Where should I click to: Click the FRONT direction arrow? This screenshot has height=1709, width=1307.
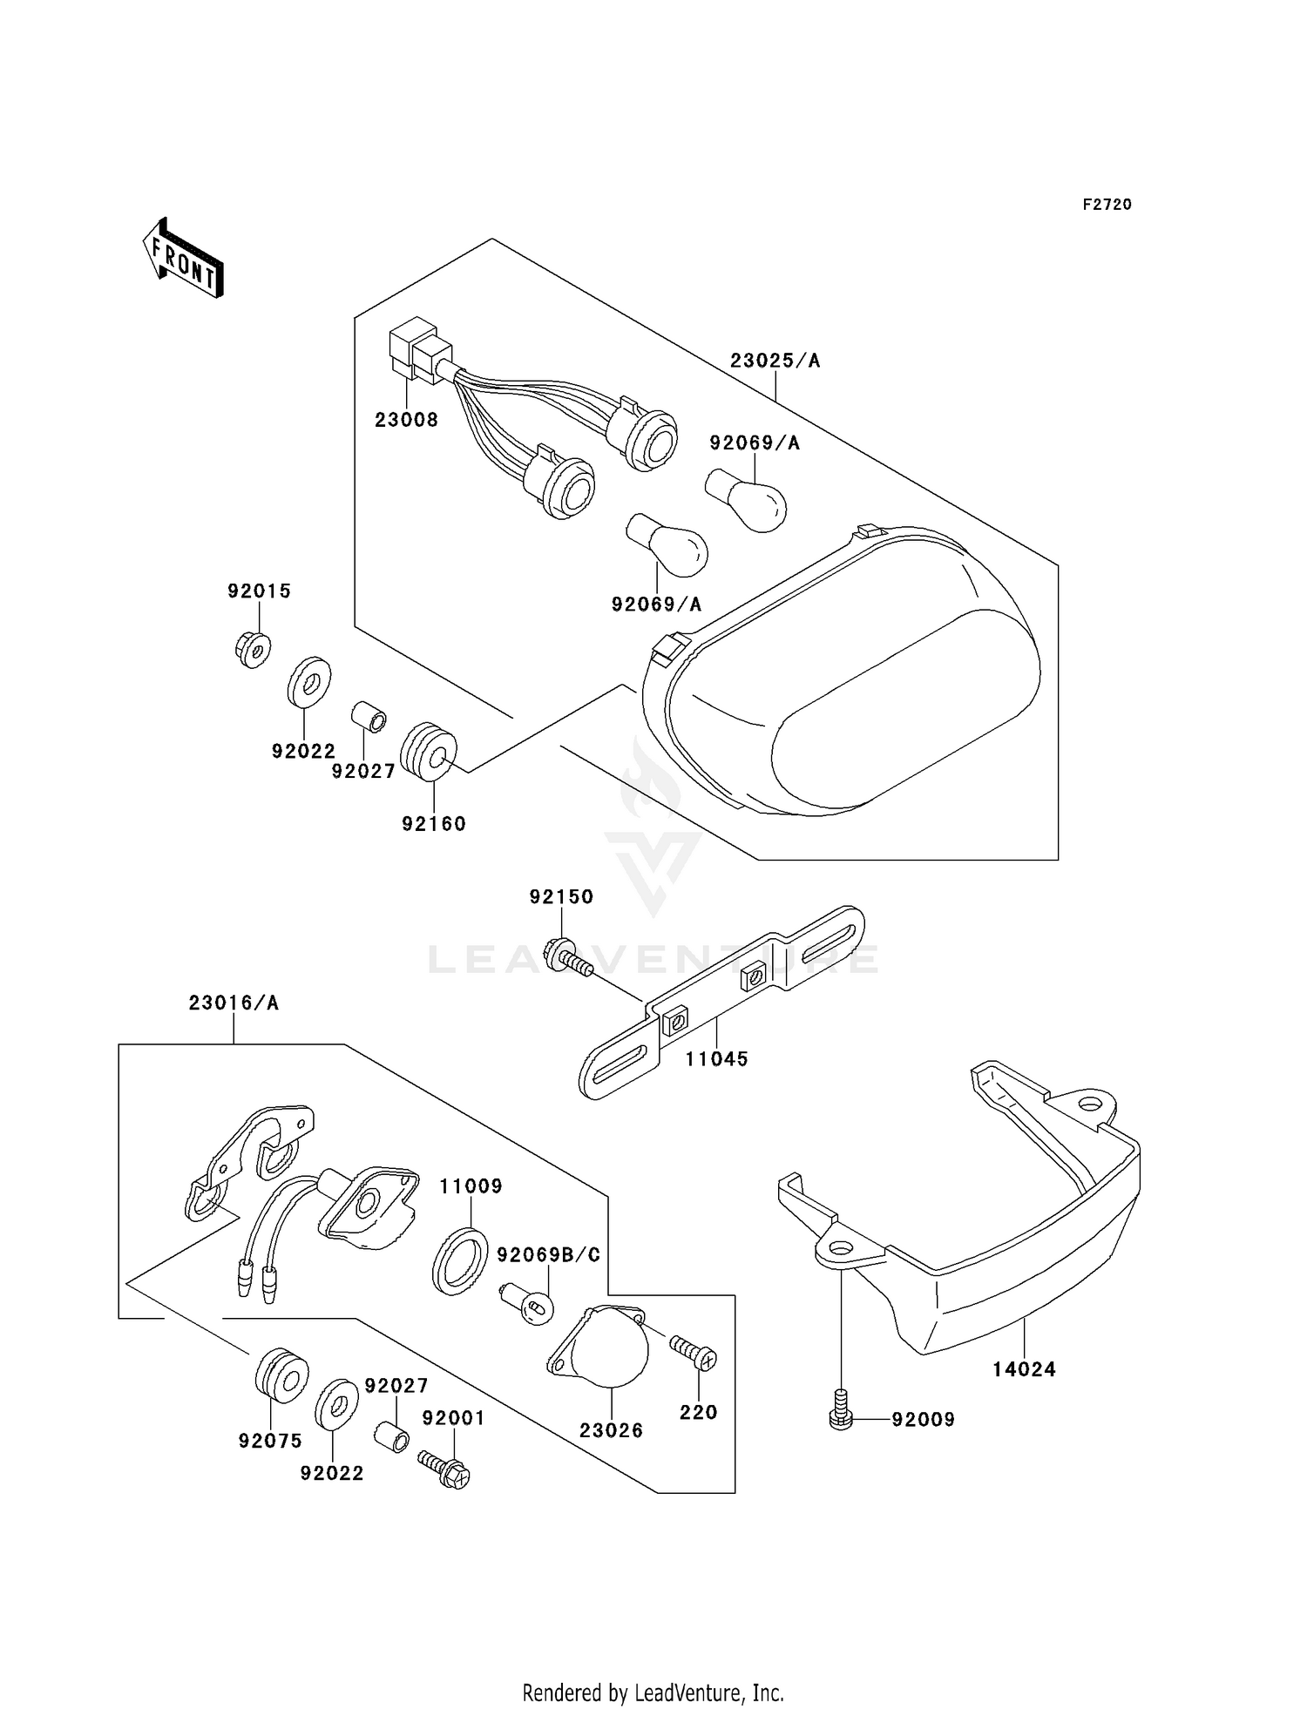[x=184, y=259]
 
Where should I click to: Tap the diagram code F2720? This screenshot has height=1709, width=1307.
[x=1107, y=205]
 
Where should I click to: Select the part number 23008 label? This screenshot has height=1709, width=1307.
[x=406, y=420]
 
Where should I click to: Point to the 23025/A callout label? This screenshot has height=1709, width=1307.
[x=775, y=361]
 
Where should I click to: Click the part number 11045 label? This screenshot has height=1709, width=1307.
[x=716, y=1059]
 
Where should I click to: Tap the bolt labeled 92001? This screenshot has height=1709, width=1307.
[x=444, y=1466]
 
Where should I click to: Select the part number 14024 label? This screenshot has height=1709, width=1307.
[x=1024, y=1369]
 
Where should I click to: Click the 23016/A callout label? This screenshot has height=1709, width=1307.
[x=234, y=1003]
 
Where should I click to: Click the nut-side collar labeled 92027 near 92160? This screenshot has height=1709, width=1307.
[x=368, y=719]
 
